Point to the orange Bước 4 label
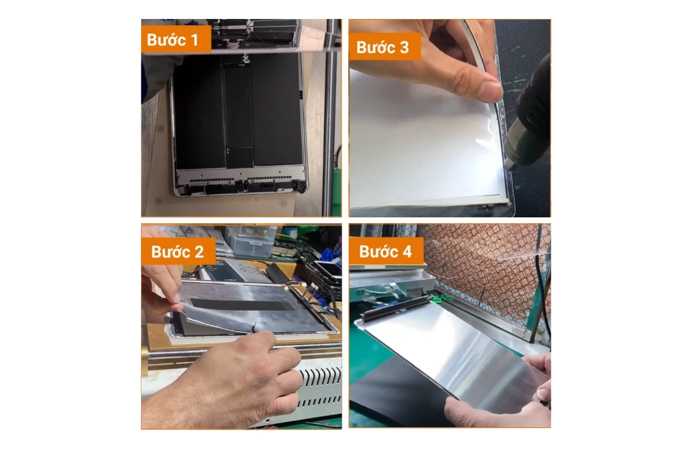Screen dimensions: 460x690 [x=386, y=251]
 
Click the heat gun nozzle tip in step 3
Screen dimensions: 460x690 [x=509, y=164]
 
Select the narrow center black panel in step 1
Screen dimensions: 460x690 [x=238, y=109]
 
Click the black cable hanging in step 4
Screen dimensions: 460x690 [x=543, y=293]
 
